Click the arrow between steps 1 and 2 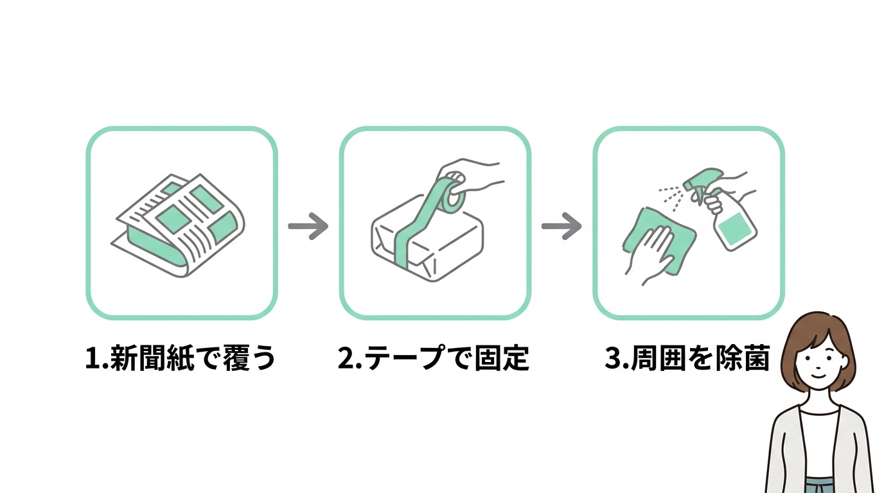pyautogui.click(x=308, y=226)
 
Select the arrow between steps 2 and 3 pyautogui.click(x=561, y=226)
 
